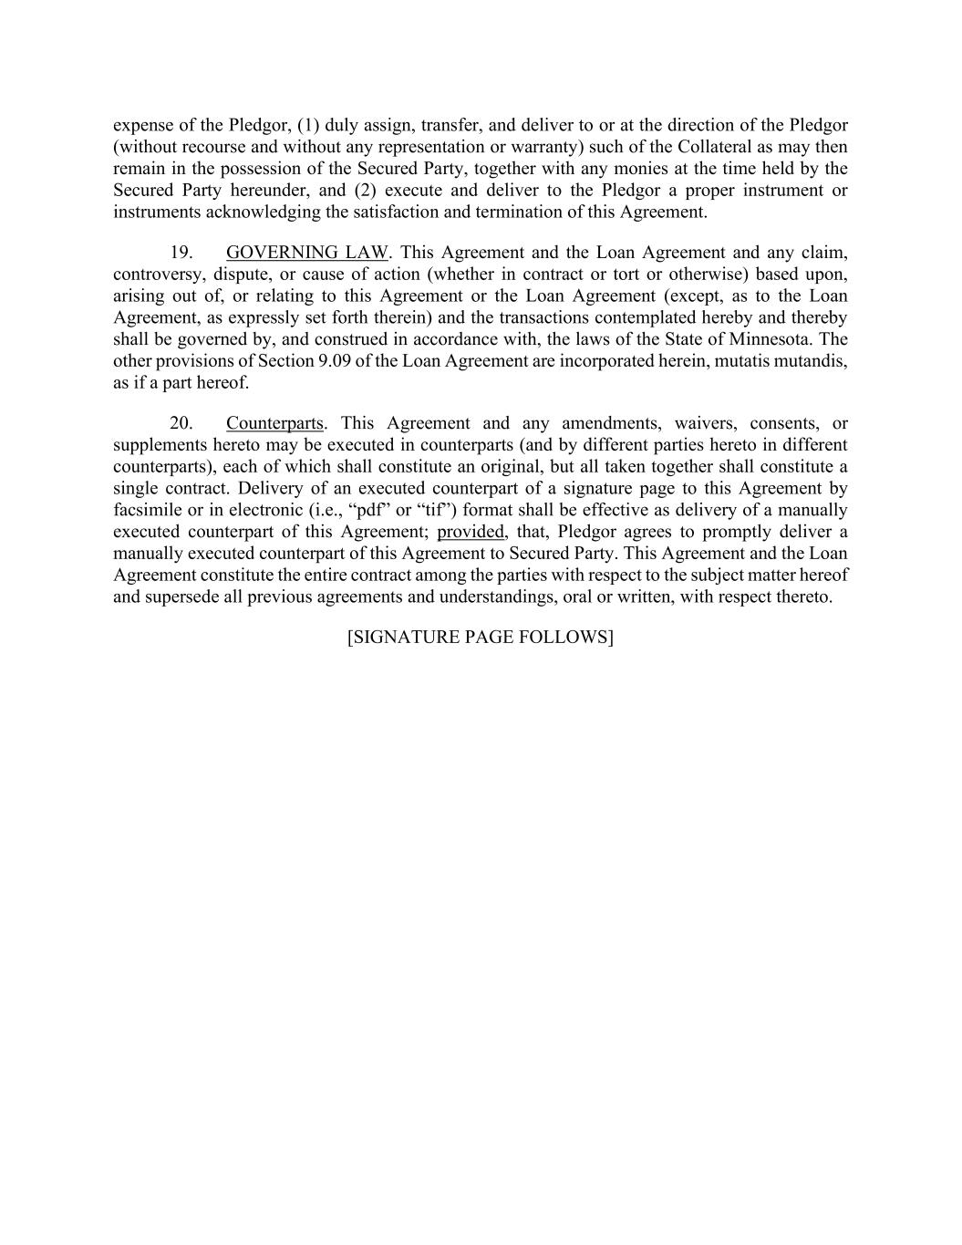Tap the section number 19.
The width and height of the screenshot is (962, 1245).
pos(181,253)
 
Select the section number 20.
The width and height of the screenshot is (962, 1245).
pos(181,423)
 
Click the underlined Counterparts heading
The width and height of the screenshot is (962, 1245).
pos(274,423)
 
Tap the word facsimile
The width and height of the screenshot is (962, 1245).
pos(147,510)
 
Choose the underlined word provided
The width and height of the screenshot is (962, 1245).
pos(471,532)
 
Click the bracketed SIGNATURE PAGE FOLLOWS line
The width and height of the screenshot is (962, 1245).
pos(481,637)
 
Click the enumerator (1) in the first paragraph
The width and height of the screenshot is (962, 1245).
pos(309,125)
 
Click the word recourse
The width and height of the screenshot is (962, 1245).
pos(216,147)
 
